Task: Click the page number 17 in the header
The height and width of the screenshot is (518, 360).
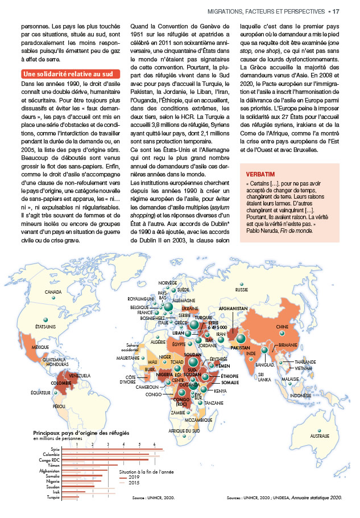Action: tap(336, 11)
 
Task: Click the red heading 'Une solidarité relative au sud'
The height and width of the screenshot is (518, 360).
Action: tap(71, 74)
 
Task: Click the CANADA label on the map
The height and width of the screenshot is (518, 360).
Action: tap(53, 293)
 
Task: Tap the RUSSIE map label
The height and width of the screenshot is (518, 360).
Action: tap(242, 290)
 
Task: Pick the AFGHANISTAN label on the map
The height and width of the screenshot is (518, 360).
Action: tap(233, 309)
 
